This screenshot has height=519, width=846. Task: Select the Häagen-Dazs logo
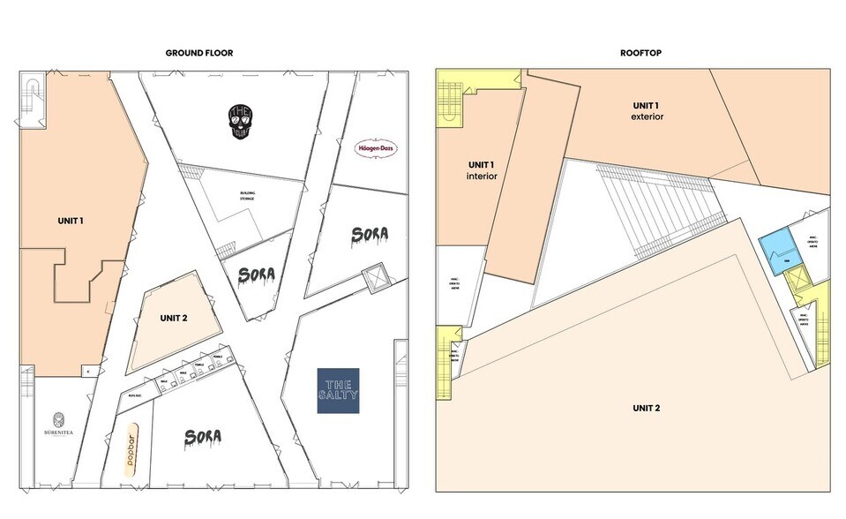click(376, 149)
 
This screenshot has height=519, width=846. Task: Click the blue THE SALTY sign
click(339, 390)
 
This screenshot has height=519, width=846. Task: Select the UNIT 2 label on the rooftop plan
click(646, 408)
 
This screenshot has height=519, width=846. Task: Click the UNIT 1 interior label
click(481, 170)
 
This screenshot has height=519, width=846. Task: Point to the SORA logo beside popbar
click(202, 436)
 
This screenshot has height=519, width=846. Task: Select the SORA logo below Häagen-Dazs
click(369, 235)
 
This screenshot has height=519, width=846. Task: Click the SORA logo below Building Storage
click(257, 275)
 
